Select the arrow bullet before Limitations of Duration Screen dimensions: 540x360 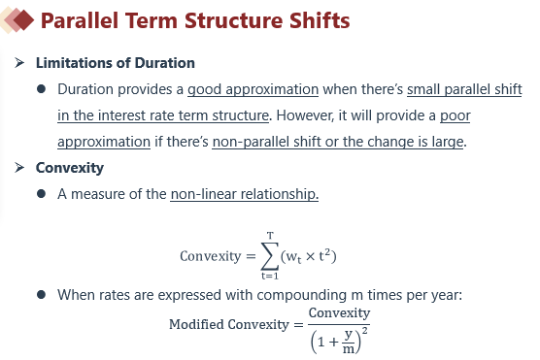(x=19, y=63)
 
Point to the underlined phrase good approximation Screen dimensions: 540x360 (x=253, y=89)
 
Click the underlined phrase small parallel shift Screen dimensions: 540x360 (x=464, y=89)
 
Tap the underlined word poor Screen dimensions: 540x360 (x=455, y=116)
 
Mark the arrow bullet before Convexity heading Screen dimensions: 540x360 (x=19, y=168)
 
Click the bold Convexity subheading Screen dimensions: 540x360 (x=70, y=168)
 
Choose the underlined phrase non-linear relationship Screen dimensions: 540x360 (x=245, y=194)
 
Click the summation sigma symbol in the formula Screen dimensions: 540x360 (x=269, y=256)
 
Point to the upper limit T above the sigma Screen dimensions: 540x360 (x=270, y=236)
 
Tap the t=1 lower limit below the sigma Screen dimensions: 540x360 (x=270, y=276)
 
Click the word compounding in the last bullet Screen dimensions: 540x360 (x=302, y=295)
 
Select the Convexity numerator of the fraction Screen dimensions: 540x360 (x=339, y=312)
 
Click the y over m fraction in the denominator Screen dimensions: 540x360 (x=349, y=342)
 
